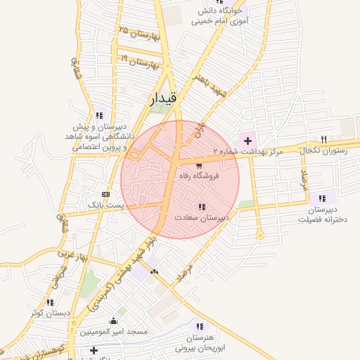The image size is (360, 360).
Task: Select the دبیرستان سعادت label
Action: (204, 218)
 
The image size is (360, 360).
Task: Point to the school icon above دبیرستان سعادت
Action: (202, 207)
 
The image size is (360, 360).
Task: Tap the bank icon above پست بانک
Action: (105, 194)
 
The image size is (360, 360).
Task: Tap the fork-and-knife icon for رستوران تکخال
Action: (323, 139)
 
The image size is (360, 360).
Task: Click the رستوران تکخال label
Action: (324, 150)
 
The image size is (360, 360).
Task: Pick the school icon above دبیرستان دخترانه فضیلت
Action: (322, 199)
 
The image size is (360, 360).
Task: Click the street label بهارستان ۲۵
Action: (140, 33)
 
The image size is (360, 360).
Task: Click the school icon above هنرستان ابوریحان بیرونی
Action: (200, 326)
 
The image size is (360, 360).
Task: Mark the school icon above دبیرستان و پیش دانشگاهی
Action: (98, 115)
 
